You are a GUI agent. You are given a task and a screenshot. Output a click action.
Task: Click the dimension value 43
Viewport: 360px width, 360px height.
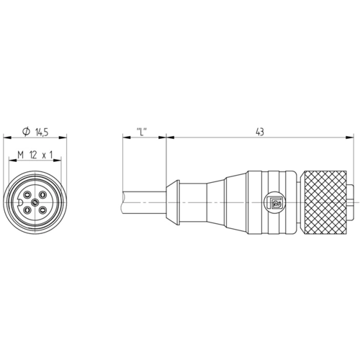(260, 132)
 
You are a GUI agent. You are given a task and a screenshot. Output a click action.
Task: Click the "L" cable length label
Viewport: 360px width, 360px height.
(142, 132)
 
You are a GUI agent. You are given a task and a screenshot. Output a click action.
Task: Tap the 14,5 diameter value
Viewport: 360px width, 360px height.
(42, 132)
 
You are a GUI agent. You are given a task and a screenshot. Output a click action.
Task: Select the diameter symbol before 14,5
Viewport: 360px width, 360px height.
(26, 132)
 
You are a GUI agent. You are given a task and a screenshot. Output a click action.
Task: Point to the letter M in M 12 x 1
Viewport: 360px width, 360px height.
(21, 155)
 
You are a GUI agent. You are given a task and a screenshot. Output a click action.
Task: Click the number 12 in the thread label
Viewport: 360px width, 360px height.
(33, 155)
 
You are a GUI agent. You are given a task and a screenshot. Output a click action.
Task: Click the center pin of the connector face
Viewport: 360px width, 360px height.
(35, 203)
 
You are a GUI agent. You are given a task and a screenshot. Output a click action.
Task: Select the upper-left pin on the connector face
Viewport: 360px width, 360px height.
(27, 194)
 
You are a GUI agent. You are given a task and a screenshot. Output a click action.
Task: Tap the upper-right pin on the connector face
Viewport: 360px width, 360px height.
(43, 194)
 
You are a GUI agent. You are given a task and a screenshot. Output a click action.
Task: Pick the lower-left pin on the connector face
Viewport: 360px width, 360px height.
(27, 211)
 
